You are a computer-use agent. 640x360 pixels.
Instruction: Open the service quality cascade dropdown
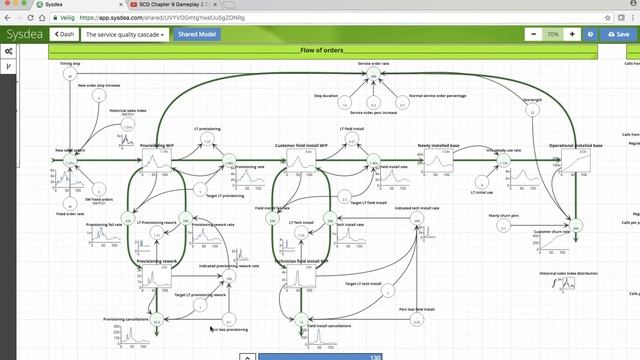[125, 34]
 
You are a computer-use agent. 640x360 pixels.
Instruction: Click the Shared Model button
[196, 34]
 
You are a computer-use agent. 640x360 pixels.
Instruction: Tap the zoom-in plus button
[572, 34]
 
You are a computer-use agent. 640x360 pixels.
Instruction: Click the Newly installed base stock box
[438, 160]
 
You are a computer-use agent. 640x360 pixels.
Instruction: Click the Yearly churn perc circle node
[504, 226]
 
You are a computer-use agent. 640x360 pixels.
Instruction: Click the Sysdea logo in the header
[23, 34]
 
